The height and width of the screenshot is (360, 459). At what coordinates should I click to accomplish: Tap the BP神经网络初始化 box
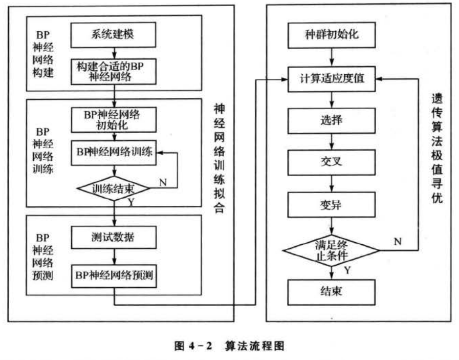click(115, 119)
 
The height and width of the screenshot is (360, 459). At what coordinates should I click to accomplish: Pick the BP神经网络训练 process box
click(115, 152)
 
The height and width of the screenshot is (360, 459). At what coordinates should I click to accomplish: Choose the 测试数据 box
click(115, 237)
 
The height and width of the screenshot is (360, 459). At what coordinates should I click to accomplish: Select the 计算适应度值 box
click(332, 79)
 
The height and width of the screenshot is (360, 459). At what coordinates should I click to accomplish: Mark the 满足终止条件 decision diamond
click(331, 249)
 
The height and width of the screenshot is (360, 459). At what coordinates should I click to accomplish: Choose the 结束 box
click(332, 292)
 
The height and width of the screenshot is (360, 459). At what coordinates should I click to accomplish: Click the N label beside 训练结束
click(162, 182)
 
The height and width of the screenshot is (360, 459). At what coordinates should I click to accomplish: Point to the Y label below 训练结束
click(132, 202)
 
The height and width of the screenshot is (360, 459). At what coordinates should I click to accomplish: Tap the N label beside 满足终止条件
click(397, 241)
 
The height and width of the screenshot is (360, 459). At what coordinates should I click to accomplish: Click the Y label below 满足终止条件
click(347, 270)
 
